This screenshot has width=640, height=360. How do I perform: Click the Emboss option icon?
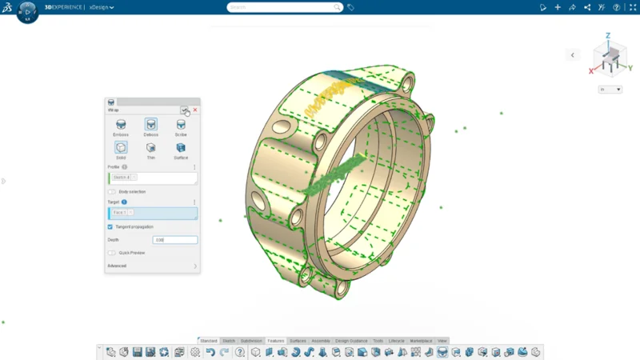[121, 125]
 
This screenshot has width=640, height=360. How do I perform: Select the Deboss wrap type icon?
[150, 125]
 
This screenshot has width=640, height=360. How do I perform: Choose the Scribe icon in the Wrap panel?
[181, 125]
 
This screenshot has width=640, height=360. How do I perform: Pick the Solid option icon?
[121, 147]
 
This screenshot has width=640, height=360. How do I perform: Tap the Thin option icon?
[150, 147]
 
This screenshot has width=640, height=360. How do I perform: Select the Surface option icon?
[181, 147]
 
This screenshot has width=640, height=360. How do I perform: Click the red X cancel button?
[195, 110]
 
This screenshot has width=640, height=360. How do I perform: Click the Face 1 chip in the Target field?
[121, 213]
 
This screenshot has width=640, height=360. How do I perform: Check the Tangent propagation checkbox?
[110, 227]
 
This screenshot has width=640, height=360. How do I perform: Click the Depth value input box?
[174, 240]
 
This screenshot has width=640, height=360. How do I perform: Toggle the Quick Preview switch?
[111, 253]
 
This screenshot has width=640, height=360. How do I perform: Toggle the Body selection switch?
[111, 192]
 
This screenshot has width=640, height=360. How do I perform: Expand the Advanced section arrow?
[194, 266]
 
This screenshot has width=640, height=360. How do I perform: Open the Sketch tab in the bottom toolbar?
[229, 341]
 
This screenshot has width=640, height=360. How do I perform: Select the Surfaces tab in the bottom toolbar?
[298, 341]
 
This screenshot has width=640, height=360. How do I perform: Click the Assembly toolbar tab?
[321, 341]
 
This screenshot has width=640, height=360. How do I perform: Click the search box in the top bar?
[285, 7]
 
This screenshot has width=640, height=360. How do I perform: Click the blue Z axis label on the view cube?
[608, 36]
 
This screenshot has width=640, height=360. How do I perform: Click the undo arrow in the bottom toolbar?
[210, 352]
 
